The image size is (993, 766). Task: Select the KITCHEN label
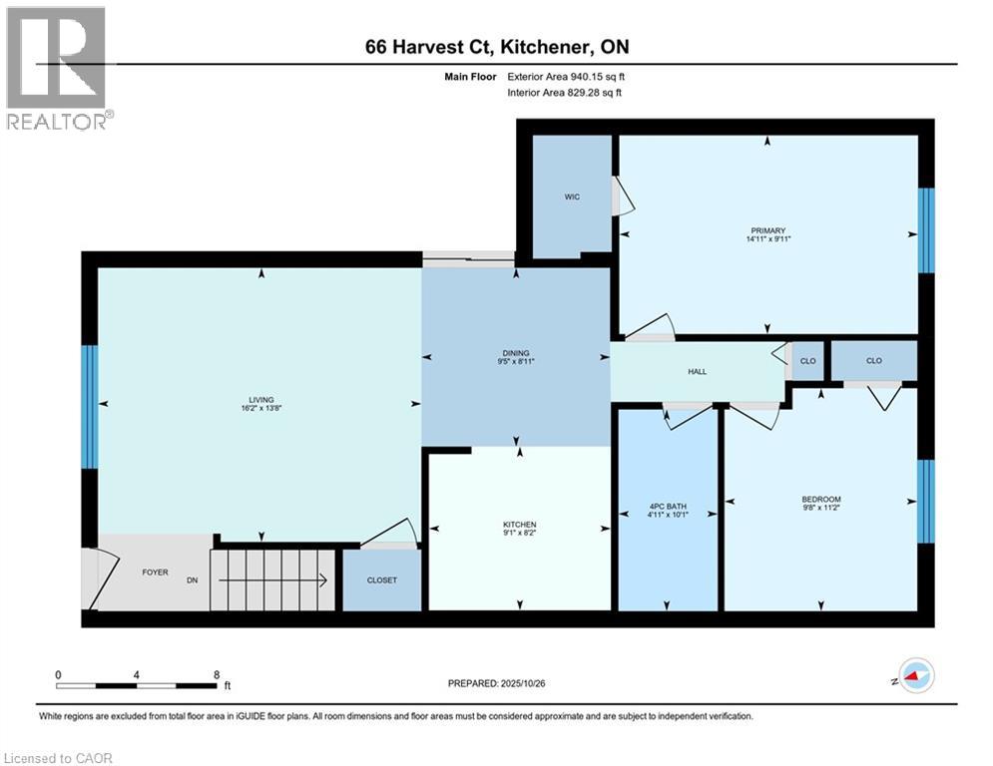[x=519, y=525]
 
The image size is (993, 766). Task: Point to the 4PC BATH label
[x=668, y=504]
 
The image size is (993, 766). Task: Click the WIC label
[x=572, y=196]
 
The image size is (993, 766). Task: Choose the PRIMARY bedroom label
[x=767, y=230]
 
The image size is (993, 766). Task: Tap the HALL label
[x=697, y=371]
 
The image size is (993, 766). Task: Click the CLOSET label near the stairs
[x=381, y=579]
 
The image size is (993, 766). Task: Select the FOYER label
[x=155, y=573]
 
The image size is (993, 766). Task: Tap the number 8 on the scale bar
[x=217, y=674]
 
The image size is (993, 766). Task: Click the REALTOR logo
[x=56, y=68]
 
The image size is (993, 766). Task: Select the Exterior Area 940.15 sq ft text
[x=566, y=76]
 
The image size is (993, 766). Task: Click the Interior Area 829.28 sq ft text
[x=565, y=93]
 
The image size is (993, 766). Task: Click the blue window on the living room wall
[x=90, y=407]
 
